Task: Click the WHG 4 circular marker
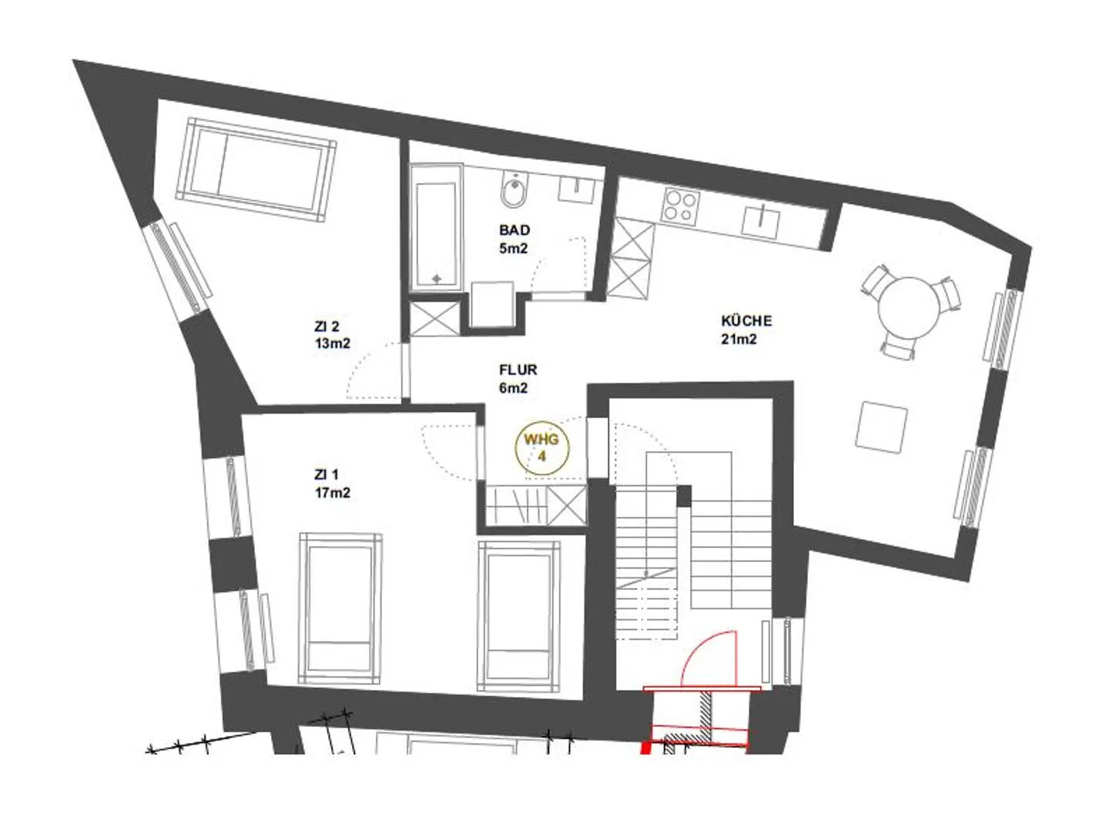click(x=543, y=447)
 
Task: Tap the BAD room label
click(x=514, y=230)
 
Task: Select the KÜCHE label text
click(x=745, y=320)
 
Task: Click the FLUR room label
click(x=518, y=370)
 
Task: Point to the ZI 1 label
click(x=326, y=475)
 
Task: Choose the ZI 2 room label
click(x=327, y=326)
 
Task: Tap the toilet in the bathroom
click(x=513, y=189)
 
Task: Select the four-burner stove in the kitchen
click(x=681, y=205)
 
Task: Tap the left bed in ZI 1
click(x=341, y=608)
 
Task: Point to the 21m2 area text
click(x=739, y=340)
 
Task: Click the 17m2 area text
click(x=332, y=494)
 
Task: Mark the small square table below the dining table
click(x=882, y=427)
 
